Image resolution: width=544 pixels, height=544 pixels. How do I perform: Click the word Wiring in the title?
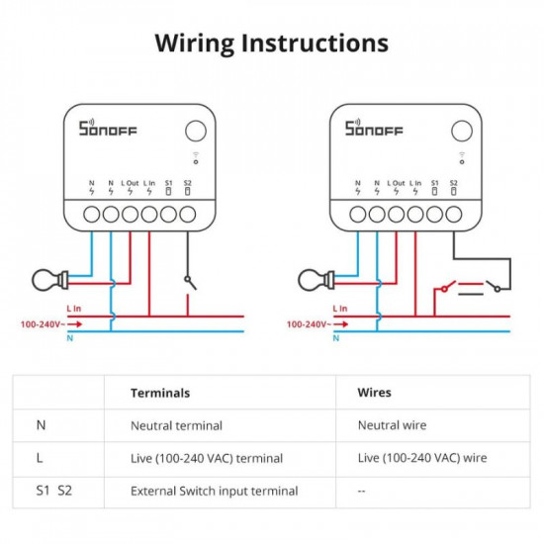click(195, 45)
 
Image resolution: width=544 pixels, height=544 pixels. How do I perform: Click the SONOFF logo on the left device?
click(108, 128)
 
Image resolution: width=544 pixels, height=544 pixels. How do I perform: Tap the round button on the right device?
click(462, 131)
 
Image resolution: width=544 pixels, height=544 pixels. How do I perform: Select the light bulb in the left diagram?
click(50, 280)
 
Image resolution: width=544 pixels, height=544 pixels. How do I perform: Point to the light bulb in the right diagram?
click(317, 280)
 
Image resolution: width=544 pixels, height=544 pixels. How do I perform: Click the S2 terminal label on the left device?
click(187, 183)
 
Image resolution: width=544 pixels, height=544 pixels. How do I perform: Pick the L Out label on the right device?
click(396, 183)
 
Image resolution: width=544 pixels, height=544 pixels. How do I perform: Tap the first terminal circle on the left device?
click(92, 214)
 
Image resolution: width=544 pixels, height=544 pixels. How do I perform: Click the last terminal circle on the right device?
click(453, 214)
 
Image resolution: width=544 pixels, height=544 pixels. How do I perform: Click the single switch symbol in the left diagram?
click(191, 283)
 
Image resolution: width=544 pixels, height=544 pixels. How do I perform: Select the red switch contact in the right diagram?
click(448, 287)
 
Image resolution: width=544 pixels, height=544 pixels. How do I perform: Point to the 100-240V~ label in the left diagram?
click(43, 324)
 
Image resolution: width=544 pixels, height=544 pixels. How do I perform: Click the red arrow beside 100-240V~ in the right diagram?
click(340, 324)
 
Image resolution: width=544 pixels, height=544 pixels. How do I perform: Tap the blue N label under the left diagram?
click(70, 338)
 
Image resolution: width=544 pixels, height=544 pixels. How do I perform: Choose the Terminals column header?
click(160, 393)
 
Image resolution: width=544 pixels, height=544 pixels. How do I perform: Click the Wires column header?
click(374, 393)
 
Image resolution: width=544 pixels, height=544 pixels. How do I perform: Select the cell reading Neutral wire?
click(392, 425)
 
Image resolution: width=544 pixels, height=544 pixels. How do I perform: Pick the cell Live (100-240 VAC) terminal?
click(207, 458)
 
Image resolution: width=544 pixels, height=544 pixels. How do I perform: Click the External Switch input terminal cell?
click(214, 492)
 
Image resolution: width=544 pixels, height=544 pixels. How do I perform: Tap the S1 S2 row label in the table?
click(54, 491)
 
